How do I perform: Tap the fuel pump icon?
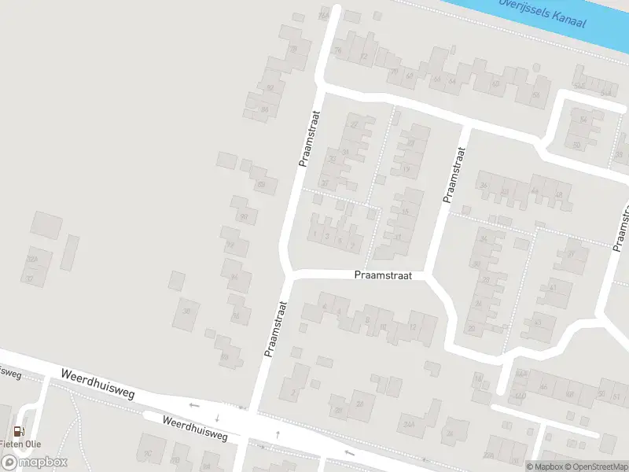(17, 431)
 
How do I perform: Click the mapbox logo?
(34, 462)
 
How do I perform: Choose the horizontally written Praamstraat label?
(383, 275)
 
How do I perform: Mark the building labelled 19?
(406, 169)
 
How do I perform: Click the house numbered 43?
(538, 322)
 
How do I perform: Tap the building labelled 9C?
(148, 453)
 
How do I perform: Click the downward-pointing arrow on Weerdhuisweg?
(217, 417)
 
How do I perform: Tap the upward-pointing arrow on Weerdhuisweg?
(278, 434)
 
